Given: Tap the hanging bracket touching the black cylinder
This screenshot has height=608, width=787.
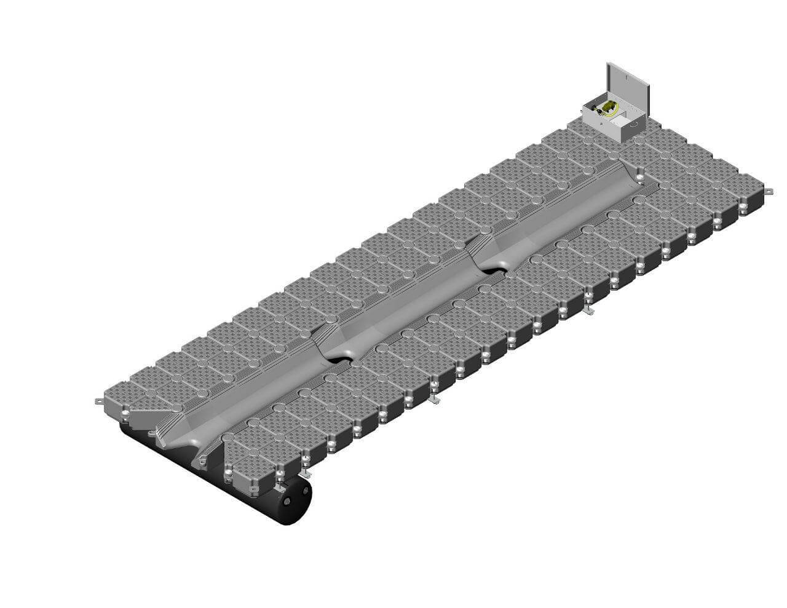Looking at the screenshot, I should click(x=304, y=475).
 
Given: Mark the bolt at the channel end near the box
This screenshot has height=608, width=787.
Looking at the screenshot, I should click(x=640, y=178).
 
